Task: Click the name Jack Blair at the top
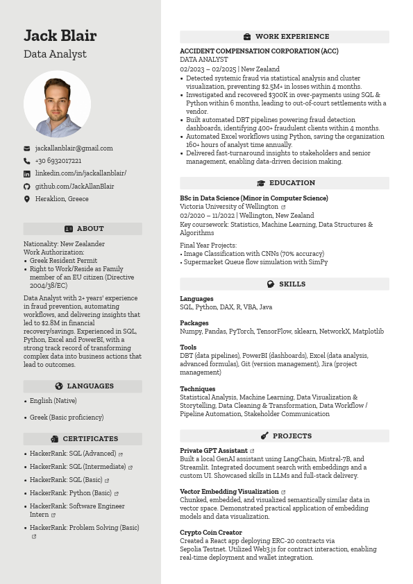[60, 35]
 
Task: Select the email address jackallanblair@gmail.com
[74, 148]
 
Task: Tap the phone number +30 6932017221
[58, 161]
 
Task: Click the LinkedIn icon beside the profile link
[27, 173]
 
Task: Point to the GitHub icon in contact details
[27, 187]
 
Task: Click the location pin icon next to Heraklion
[27, 199]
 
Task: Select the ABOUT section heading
[83, 229]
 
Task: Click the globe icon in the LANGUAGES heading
[59, 386]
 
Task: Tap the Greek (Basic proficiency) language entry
[67, 418]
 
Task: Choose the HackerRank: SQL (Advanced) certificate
[73, 454]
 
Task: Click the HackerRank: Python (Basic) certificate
[71, 493]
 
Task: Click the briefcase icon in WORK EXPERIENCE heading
[247, 37]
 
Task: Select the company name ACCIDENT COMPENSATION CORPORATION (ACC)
[259, 51]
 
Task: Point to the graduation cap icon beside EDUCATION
[261, 183]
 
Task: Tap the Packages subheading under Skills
[194, 323]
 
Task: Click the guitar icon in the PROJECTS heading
[264, 436]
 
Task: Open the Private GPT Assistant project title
[214, 451]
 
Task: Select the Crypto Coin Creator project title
[211, 533]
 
